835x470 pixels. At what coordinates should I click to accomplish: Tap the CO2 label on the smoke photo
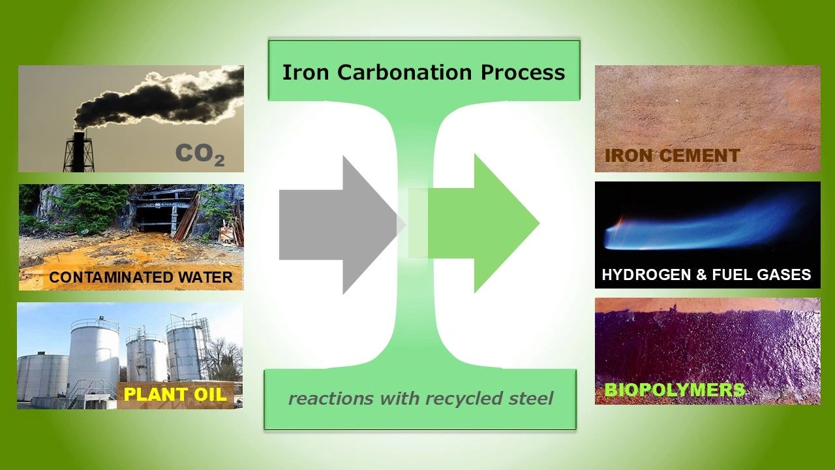tap(200, 155)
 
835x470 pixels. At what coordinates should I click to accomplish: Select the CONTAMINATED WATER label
tap(141, 277)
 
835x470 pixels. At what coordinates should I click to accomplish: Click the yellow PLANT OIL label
tap(175, 394)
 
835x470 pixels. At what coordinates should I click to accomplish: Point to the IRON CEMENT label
tap(673, 155)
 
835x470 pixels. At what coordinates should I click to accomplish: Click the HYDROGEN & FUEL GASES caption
tap(706, 275)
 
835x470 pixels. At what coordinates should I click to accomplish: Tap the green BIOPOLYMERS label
tap(675, 390)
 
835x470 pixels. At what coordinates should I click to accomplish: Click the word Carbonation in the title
tap(404, 72)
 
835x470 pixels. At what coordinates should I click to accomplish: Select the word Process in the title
tap(523, 72)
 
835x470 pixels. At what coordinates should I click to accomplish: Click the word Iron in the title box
tap(306, 72)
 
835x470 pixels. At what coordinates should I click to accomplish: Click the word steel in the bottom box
tap(531, 398)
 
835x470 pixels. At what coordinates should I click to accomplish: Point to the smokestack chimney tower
tap(79, 152)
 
